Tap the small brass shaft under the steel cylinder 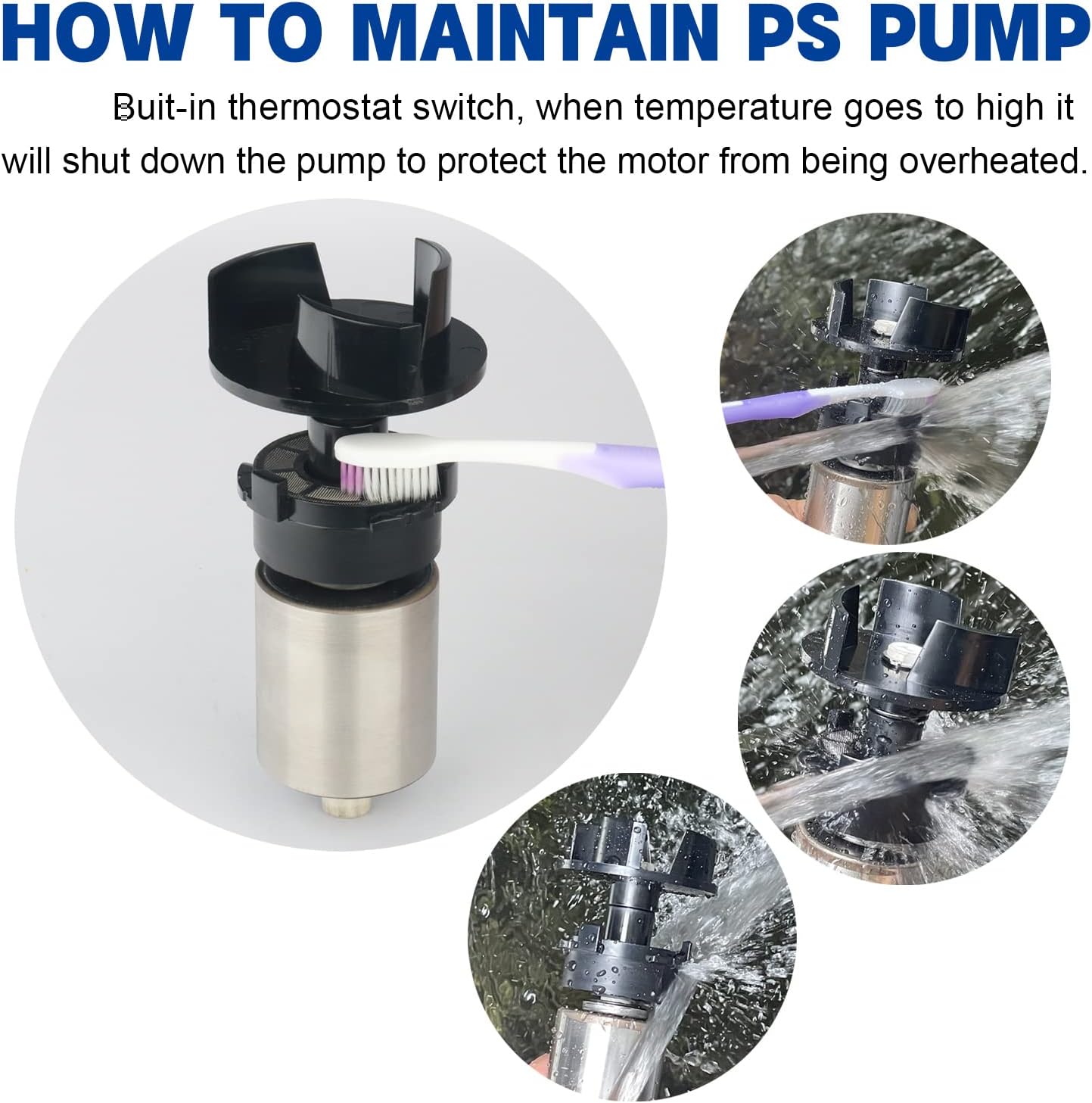345,805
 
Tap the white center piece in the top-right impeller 882,328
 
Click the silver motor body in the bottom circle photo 598,1045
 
